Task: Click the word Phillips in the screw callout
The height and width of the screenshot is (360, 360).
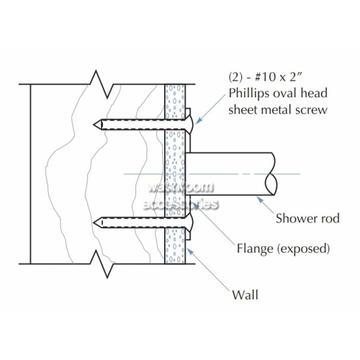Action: pyautogui.click(x=248, y=94)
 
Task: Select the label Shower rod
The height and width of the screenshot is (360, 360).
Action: pyautogui.click(x=307, y=218)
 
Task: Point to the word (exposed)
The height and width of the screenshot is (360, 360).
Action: pyautogui.click(x=303, y=248)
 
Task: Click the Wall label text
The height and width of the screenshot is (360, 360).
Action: pyautogui.click(x=245, y=294)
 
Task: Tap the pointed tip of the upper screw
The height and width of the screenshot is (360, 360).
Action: pyautogui.click(x=94, y=125)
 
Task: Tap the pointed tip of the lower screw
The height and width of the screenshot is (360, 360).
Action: pyautogui.click(x=94, y=222)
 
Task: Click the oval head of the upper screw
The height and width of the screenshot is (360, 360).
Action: pyautogui.click(x=190, y=125)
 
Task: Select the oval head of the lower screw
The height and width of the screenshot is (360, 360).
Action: pyautogui.click(x=190, y=222)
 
